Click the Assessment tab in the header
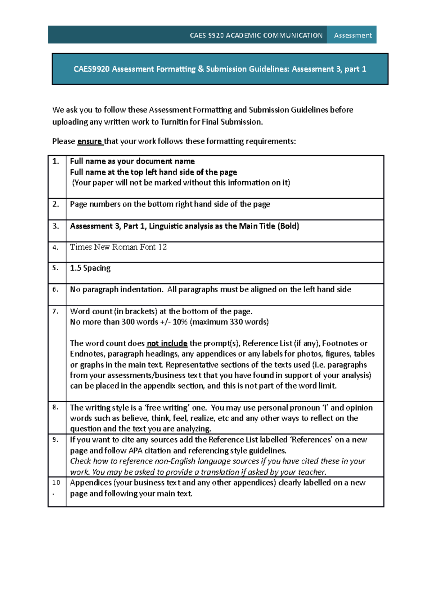coord(352,35)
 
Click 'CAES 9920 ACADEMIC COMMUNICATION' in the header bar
coord(256,35)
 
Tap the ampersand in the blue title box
coord(201,69)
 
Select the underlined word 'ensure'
coord(90,141)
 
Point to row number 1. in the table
coord(56,161)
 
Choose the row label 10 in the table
coord(56,483)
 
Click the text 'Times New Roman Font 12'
coord(118,247)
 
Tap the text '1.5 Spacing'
coord(90,268)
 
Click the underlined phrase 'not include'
coord(167,343)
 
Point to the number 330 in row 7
coord(236,322)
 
